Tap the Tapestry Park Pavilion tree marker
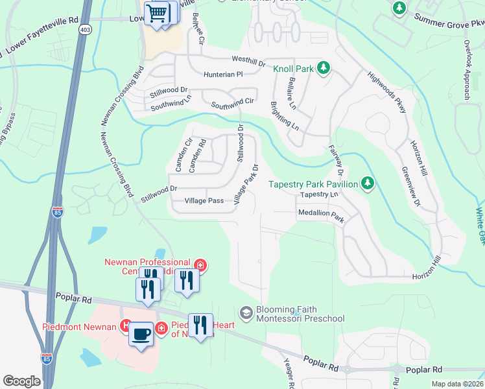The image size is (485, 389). coord(368,183)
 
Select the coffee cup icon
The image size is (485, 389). coord(140,334)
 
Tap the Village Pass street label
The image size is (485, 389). coord(204,201)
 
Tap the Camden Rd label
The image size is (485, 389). coord(197,156)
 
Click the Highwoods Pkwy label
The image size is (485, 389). coord(386,92)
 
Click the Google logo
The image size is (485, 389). coord(21,381)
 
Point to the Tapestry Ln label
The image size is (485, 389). coord(319,194)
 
